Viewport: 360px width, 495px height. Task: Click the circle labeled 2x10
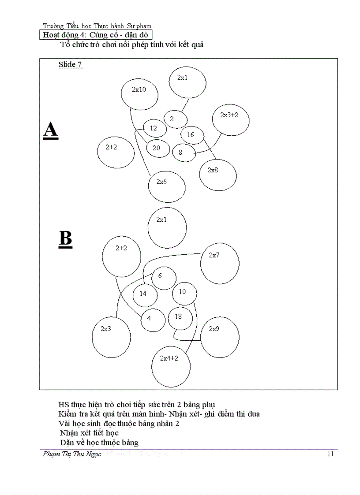[x=140, y=93]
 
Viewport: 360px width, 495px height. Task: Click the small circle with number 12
[x=155, y=129]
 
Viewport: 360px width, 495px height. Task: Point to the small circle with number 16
[x=192, y=135]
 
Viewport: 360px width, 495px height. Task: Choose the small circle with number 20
[x=157, y=149]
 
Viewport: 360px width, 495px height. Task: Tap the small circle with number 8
[x=184, y=153]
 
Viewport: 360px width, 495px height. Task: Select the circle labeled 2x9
[x=219, y=337]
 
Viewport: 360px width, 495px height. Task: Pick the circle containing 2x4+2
[x=171, y=366]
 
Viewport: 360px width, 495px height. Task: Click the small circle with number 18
[x=180, y=318]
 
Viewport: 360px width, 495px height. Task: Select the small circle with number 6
[x=164, y=278]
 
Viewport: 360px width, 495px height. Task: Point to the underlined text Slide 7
[x=71, y=65]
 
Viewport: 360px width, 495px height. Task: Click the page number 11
[x=330, y=454]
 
